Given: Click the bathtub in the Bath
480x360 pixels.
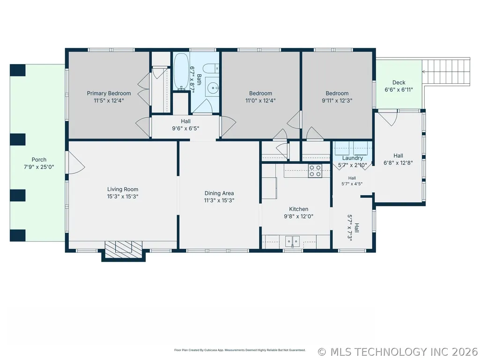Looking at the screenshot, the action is click(x=181, y=72).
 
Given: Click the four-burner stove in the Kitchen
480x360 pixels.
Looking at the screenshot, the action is click(x=315, y=171).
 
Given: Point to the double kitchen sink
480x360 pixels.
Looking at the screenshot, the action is click(x=293, y=241).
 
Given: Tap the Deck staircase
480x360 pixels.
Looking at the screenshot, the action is click(x=446, y=72).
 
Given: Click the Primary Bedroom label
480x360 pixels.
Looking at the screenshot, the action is click(x=109, y=93).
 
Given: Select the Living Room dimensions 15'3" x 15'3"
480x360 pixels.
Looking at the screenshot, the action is click(x=122, y=197).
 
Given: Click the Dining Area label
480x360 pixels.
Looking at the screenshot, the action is click(x=219, y=193).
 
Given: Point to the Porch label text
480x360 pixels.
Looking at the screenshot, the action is click(x=39, y=160).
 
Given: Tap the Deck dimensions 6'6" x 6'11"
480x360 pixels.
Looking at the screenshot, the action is click(x=399, y=90).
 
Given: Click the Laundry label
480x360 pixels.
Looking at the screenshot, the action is click(x=352, y=158).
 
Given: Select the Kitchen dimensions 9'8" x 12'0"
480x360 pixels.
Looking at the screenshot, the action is click(x=298, y=216).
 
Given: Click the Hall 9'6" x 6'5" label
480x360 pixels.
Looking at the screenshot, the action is click(x=185, y=125).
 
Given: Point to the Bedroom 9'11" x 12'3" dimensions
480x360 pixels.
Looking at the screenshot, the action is click(x=337, y=100).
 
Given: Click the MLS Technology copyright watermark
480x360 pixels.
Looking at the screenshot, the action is click(x=398, y=352).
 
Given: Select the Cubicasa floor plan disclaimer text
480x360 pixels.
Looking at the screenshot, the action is click(x=240, y=350).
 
